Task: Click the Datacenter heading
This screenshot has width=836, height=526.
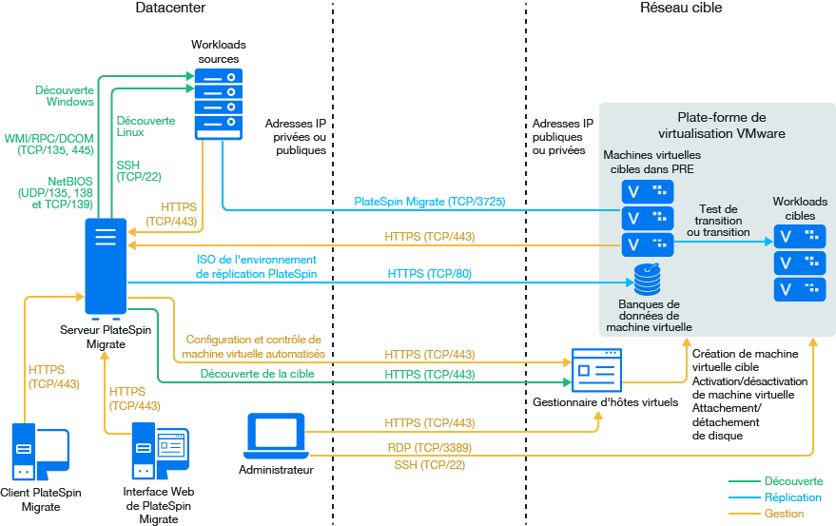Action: pos(170,9)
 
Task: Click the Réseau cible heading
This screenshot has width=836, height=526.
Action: pos(681,9)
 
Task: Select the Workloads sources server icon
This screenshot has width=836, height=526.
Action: pos(219,103)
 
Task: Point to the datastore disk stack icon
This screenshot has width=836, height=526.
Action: pos(648,280)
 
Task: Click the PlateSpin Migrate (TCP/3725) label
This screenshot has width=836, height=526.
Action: pos(429,202)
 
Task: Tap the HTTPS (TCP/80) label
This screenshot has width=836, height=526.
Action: pos(430,274)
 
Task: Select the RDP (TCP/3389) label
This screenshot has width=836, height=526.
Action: pos(430,447)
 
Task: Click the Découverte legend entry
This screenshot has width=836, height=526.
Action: pos(793,481)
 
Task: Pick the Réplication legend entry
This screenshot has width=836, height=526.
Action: pos(793,497)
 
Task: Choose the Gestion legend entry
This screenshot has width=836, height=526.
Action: pos(784,514)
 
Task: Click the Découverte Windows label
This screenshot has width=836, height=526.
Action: pos(65,96)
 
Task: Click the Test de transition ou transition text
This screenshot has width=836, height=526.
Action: pos(718,221)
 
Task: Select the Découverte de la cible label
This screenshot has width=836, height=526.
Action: pos(258,374)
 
